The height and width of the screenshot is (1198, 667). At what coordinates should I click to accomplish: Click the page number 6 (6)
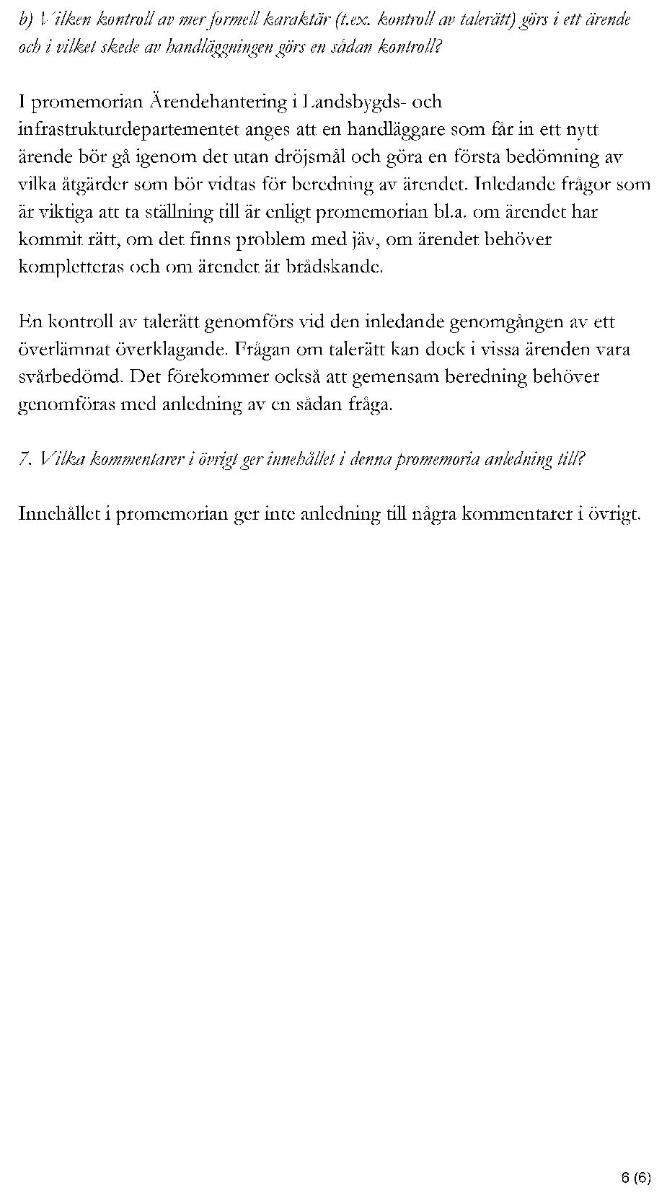(636, 1178)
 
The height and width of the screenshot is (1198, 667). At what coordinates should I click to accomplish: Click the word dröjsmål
(296, 157)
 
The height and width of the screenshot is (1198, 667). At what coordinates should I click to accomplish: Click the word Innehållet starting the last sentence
(63, 514)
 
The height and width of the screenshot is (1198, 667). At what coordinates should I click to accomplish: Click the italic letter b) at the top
(27, 20)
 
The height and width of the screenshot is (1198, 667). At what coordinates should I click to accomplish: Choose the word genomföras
(66, 404)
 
